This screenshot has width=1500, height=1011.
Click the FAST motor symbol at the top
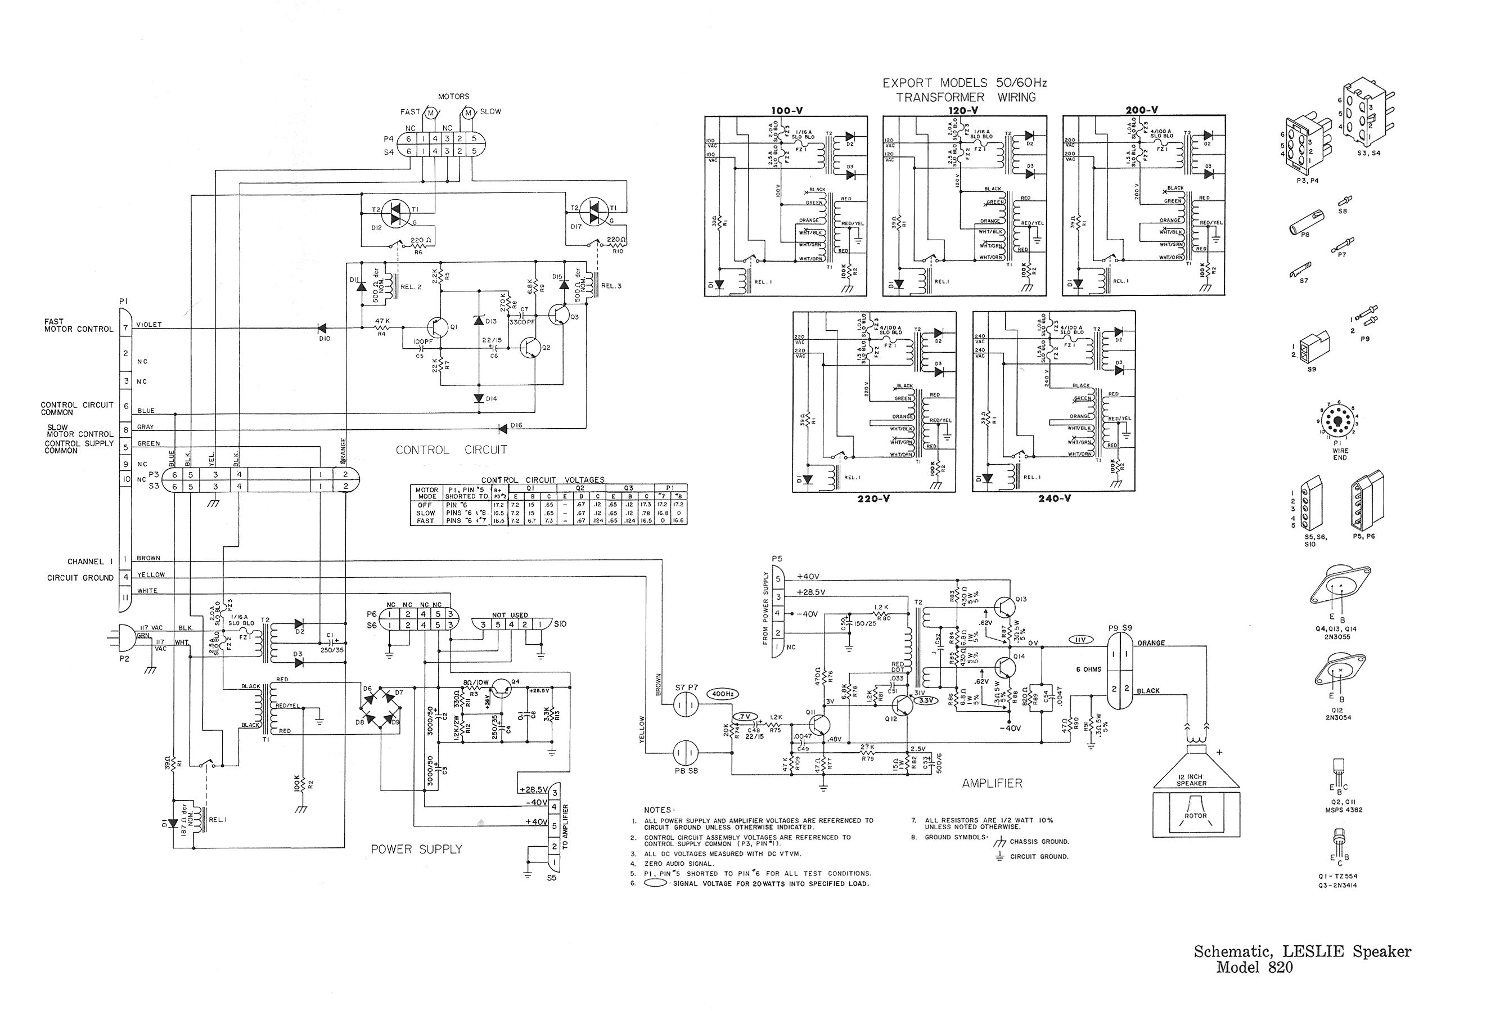click(x=430, y=113)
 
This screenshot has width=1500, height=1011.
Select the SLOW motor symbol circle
click(x=469, y=113)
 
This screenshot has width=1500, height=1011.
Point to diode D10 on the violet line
click(x=322, y=328)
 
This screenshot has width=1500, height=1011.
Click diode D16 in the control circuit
click(x=503, y=428)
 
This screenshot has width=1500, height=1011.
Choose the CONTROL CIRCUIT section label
click(x=451, y=450)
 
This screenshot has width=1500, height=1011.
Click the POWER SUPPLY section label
click(x=416, y=849)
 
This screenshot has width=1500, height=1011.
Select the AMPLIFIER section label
click(x=992, y=783)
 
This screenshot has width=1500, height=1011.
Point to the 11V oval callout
click(x=1081, y=640)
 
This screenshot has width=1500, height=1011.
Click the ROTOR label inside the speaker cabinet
click(x=1195, y=816)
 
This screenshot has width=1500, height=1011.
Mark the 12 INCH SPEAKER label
click(x=1191, y=780)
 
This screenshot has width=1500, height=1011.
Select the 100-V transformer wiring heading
click(x=786, y=111)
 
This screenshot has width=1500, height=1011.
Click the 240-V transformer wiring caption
click(x=1055, y=498)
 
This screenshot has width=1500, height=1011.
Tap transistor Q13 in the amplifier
click(x=1004, y=606)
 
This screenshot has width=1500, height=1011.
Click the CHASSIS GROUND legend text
click(x=1039, y=842)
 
